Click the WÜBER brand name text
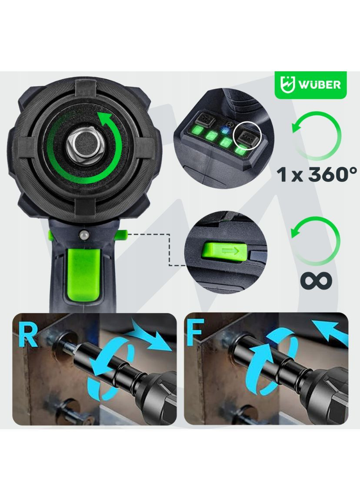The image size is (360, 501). coord(319,84)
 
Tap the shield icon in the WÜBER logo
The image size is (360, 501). coord(288,84)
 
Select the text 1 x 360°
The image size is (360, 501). coord(317,174)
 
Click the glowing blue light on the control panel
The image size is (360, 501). coord(224,130)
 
